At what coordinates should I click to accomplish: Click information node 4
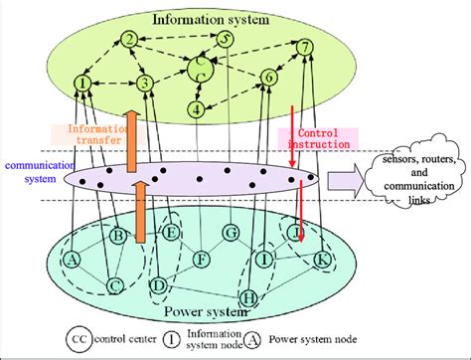197,108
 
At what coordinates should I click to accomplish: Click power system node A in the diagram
73,260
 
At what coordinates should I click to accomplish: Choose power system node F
202,261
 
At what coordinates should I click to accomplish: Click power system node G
232,233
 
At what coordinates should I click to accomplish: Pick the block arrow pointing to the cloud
344,181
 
